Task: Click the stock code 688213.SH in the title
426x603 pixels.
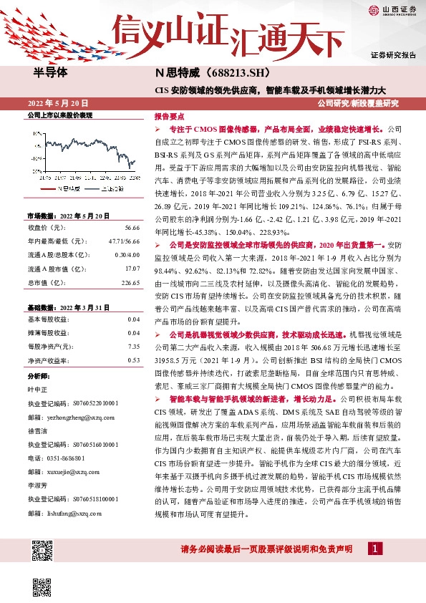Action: click(x=228, y=73)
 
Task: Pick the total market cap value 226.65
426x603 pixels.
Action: click(x=130, y=281)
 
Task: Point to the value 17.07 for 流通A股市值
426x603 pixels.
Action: click(x=132, y=268)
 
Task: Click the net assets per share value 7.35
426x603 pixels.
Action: click(x=133, y=346)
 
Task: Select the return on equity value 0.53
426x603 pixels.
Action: click(x=133, y=360)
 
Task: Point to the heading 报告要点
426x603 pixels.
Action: click(x=170, y=115)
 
